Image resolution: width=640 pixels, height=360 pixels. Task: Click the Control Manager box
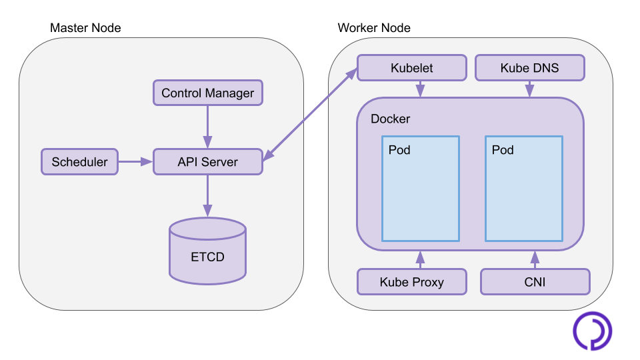tap(208, 93)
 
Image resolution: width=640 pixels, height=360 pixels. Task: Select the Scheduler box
tap(79, 162)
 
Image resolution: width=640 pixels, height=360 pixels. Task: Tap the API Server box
tap(208, 162)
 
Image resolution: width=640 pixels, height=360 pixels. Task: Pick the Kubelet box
tap(412, 68)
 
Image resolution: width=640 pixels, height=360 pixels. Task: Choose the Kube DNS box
tap(529, 68)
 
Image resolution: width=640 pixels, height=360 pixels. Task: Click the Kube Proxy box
tap(411, 282)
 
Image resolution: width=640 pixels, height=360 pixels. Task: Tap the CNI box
tap(535, 282)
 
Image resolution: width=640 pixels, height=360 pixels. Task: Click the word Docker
tap(390, 119)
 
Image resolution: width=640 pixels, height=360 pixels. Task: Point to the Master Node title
tap(85, 28)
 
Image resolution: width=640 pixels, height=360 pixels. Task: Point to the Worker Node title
tap(374, 28)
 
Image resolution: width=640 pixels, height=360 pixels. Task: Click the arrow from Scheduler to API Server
tap(135, 161)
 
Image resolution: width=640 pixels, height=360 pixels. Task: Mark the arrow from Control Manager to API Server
tap(208, 127)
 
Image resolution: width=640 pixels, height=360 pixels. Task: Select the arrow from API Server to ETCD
tap(208, 195)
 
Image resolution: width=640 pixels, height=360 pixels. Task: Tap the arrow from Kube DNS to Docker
tap(529, 89)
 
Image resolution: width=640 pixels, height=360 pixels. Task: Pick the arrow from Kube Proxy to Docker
tap(420, 260)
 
